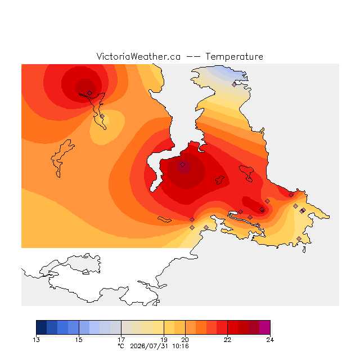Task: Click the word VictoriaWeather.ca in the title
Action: [138, 56]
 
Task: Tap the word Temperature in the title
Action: [234, 56]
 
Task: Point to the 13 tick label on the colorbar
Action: [36, 340]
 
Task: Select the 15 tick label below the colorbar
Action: [79, 340]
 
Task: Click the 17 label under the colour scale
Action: [121, 340]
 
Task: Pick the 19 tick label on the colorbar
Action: [164, 340]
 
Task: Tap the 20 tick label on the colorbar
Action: [185, 340]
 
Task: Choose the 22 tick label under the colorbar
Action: [227, 340]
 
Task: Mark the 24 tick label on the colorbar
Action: [270, 340]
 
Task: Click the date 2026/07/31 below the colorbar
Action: [149, 346]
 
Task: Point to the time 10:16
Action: [181, 346]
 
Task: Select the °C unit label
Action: [121, 346]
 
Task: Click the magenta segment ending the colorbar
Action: [265, 327]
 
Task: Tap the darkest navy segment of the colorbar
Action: [42, 327]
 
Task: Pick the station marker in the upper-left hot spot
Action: [89, 93]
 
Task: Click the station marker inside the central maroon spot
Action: [182, 164]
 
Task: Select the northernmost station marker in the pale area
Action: [234, 84]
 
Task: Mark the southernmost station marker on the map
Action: [299, 238]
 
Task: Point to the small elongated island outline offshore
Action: [164, 219]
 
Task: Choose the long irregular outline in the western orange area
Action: [62, 159]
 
